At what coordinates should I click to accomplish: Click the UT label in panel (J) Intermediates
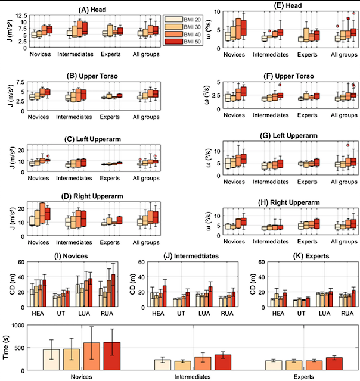coord(178,310)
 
